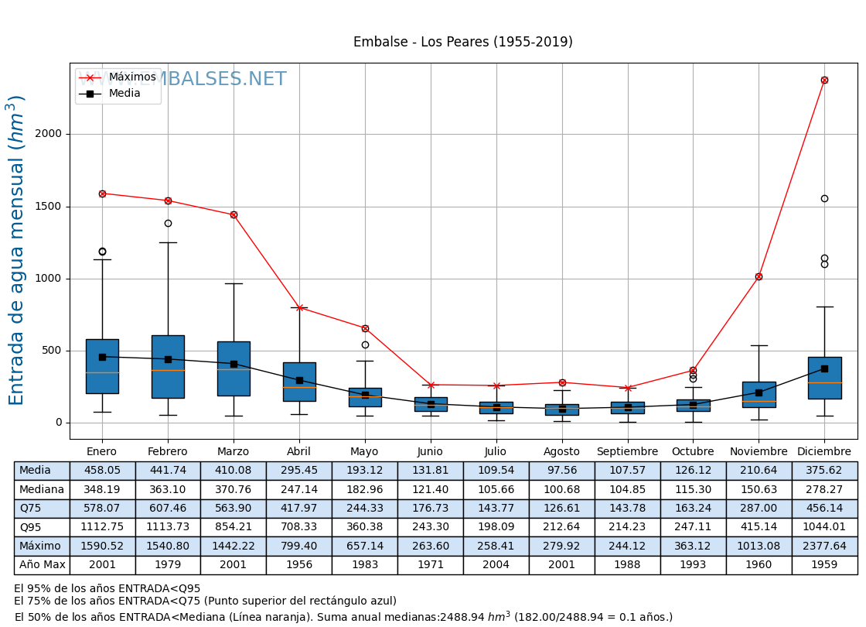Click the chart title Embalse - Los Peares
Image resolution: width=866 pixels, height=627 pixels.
tap(462, 43)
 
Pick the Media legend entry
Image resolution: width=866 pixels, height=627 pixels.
tap(124, 94)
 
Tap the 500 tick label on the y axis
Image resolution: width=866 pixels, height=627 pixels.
tap(52, 351)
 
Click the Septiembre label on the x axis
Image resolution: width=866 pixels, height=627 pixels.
tap(627, 452)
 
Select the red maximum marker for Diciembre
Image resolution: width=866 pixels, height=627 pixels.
tap(824, 80)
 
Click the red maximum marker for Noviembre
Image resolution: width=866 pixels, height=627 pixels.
tap(759, 276)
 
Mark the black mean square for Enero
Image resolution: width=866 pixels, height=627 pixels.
tap(102, 357)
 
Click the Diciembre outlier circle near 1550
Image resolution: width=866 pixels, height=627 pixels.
tap(824, 199)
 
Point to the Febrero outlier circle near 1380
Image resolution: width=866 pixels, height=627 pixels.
tap(168, 224)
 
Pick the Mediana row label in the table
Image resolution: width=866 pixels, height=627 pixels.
tap(42, 490)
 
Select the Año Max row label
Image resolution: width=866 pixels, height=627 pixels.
tap(42, 565)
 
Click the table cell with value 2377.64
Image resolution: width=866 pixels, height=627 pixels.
tap(824, 546)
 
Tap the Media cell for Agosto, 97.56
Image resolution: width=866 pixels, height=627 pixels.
tap(561, 471)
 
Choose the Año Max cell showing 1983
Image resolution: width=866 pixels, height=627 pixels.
tap(364, 565)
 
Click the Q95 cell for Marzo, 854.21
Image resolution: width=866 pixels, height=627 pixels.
tap(233, 527)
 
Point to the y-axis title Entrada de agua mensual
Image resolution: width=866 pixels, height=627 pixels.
tap(17, 250)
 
